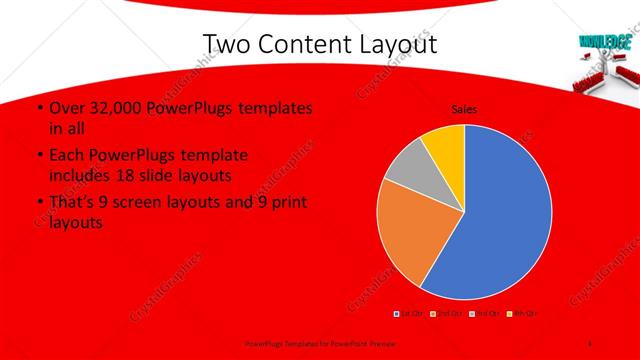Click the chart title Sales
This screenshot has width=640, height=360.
point(463,108)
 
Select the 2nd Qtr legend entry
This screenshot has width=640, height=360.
point(445,314)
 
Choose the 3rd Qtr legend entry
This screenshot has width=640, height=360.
point(486,314)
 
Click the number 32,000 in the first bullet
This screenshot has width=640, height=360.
point(115,108)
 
